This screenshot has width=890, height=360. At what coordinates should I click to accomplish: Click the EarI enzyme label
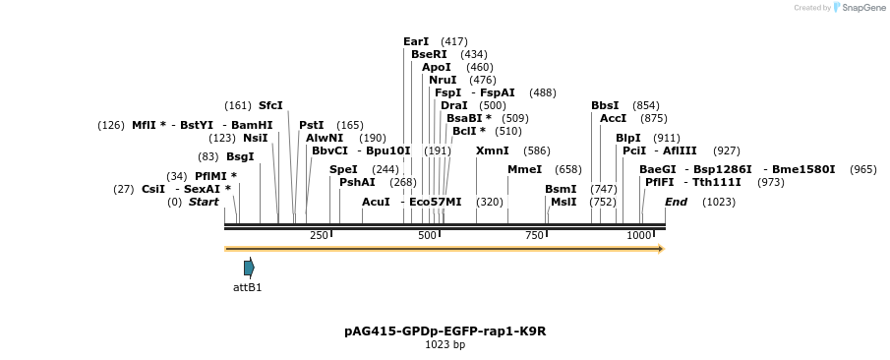(416, 41)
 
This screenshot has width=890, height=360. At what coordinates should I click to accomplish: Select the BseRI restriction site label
(429, 54)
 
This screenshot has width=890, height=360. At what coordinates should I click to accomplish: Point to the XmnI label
(492, 150)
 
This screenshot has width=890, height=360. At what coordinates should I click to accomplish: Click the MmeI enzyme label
(524, 169)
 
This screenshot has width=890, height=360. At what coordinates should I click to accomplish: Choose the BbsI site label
(605, 105)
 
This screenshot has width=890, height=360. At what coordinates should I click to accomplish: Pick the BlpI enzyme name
(627, 138)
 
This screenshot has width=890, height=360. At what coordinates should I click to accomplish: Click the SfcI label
(270, 105)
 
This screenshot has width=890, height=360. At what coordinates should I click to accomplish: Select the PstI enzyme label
(311, 125)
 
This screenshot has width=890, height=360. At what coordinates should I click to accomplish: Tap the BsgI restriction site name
(240, 156)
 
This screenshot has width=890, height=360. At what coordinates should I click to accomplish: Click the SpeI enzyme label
(343, 169)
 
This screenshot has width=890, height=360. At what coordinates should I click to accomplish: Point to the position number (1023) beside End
(719, 202)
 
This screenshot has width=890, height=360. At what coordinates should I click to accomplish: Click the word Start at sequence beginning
(204, 202)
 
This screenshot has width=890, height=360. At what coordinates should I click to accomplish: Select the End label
(676, 202)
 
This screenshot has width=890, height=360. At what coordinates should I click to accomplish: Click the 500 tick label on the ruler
(427, 236)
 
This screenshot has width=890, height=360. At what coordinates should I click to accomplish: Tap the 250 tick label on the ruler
(319, 236)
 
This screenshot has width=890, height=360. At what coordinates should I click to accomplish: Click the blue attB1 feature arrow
(249, 268)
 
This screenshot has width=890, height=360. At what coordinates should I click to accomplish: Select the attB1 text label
(247, 287)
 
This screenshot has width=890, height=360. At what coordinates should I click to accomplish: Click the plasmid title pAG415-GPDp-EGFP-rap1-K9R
(445, 331)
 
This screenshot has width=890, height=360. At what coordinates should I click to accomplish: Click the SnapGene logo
(856, 8)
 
